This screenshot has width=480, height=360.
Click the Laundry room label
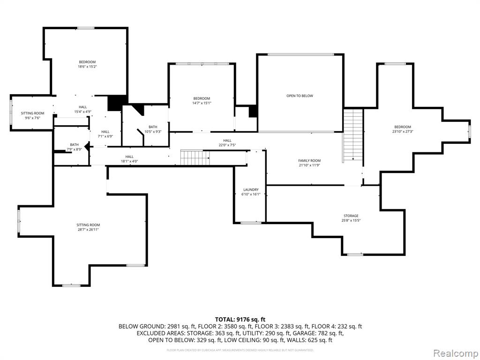coord(251,190)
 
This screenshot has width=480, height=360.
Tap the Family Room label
coord(309,161)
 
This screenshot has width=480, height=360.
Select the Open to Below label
coord(300,96)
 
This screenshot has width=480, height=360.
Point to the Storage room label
coord(351,216)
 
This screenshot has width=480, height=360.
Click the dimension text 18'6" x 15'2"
coord(87,67)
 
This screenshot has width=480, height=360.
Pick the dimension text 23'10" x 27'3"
coord(403,131)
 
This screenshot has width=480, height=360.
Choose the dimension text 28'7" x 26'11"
coord(89,230)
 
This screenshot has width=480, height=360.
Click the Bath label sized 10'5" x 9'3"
coord(153,127)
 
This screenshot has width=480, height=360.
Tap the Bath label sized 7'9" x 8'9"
coord(75,145)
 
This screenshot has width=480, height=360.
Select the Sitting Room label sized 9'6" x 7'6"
coord(33,113)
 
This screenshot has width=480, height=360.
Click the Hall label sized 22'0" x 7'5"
coord(227,141)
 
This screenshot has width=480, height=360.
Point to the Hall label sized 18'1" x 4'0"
coord(129,157)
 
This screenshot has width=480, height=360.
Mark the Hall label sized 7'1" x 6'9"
coord(105,132)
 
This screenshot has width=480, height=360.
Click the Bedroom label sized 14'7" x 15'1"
coord(202,98)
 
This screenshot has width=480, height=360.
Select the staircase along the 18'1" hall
coord(195,157)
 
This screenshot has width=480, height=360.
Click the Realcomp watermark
coord(455,352)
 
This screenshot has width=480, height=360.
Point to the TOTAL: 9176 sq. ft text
coord(240,319)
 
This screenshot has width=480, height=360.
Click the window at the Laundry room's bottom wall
coord(251,223)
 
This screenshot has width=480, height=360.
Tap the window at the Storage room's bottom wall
coord(355,255)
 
